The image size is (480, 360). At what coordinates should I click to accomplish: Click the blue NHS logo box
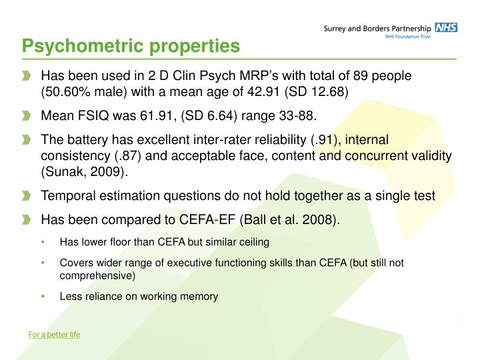(x=445, y=28)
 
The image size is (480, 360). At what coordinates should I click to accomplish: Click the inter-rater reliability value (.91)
(x=323, y=140)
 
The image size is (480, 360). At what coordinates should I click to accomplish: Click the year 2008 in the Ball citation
(x=321, y=220)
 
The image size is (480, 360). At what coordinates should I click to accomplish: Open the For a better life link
(x=54, y=335)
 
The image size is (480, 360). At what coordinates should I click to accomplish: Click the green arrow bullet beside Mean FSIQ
(x=26, y=116)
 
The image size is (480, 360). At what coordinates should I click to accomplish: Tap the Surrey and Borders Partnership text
(x=377, y=28)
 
